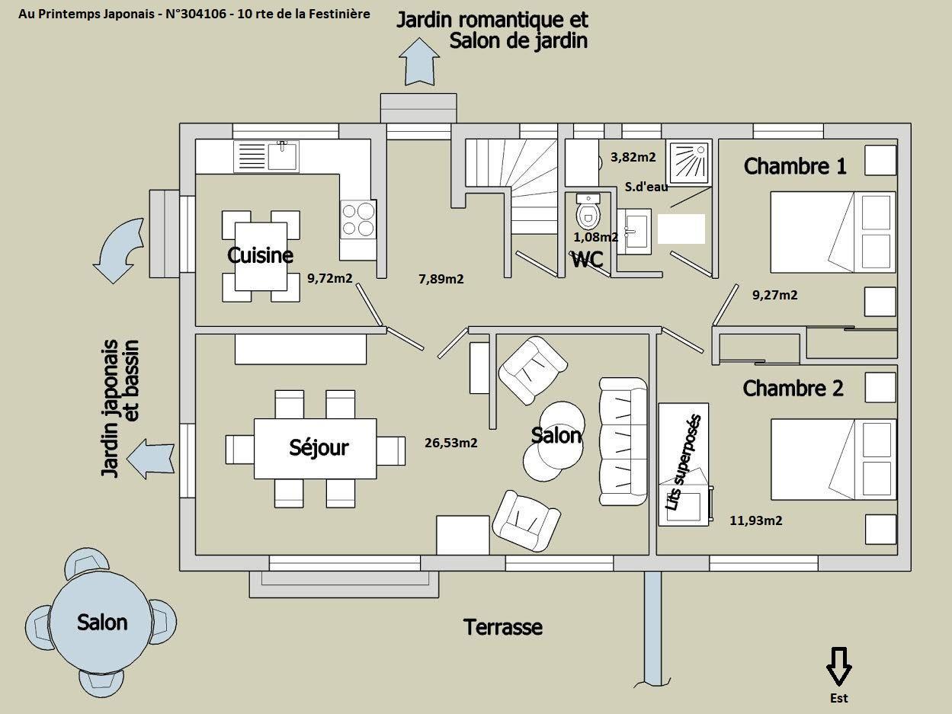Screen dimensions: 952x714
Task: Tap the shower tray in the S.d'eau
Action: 689,162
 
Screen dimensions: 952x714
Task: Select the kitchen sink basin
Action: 282,155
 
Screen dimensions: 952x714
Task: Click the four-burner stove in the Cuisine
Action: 358,219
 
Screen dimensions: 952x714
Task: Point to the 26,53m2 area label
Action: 451,443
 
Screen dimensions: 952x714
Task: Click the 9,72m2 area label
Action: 329,278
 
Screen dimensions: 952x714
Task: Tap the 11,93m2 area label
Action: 756,520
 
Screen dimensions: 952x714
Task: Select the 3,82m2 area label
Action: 633,157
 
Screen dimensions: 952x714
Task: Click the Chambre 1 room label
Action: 795,166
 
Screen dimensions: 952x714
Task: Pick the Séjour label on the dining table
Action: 319,447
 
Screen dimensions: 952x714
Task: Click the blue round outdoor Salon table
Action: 102,622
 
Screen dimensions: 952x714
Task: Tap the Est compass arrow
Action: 838,666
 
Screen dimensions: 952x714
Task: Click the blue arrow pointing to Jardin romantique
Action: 419,62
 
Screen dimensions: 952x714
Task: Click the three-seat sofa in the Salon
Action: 623,441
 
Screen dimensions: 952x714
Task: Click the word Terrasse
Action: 503,627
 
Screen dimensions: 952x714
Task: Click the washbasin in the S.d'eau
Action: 634,232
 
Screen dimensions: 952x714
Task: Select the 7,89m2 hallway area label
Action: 441,279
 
